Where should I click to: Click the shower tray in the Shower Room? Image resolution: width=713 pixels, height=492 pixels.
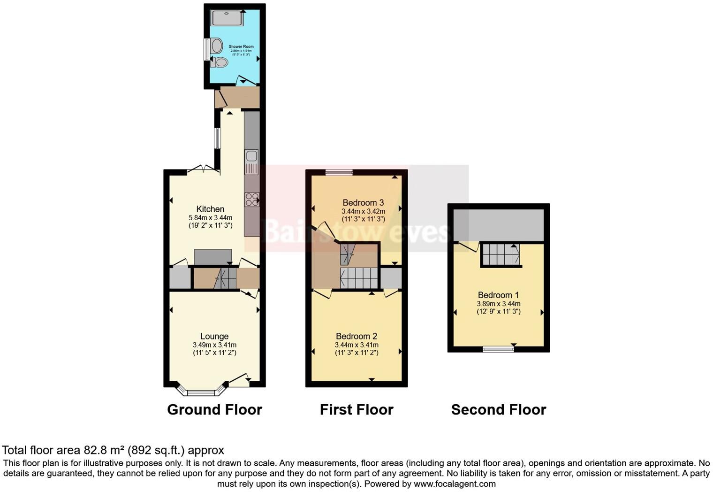click(228, 18)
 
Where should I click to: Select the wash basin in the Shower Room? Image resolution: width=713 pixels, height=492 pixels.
click(216, 46)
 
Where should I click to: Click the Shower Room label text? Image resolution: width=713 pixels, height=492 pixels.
click(241, 46)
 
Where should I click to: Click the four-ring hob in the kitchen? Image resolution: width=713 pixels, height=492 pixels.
click(252, 200)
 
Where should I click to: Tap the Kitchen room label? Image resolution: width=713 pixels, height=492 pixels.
click(210, 209)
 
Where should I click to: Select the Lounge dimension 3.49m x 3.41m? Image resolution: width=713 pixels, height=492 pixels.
click(214, 345)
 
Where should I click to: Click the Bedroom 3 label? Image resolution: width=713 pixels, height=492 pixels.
click(363, 203)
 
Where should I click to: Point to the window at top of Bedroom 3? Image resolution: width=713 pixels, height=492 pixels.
click(339, 172)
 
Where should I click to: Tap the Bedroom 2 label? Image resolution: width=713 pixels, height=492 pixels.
click(356, 336)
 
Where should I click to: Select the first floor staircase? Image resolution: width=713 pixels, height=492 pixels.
click(359, 278)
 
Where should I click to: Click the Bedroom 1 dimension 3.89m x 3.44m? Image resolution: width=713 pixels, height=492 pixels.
click(498, 304)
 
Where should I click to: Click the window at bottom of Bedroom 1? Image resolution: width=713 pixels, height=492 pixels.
click(498, 349)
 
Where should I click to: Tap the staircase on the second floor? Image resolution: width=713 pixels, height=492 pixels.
click(501, 254)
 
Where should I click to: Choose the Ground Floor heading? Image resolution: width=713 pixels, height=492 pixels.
click(214, 409)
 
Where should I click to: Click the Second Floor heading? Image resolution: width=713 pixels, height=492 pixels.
click(499, 409)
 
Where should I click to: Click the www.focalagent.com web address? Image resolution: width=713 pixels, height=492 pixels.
click(455, 484)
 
